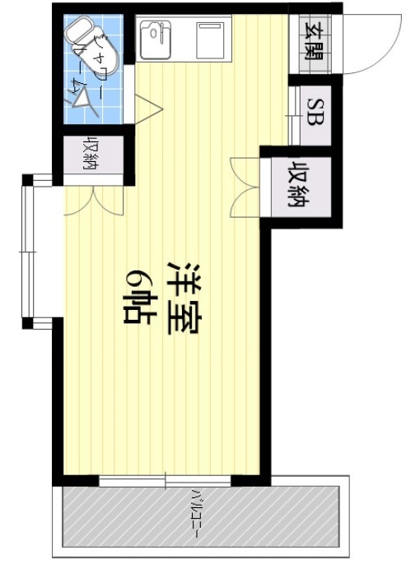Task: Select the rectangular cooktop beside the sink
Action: click(208, 38)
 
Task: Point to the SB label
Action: click(314, 110)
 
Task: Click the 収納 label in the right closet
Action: click(297, 186)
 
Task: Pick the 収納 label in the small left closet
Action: click(88, 151)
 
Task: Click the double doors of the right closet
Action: click(246, 185)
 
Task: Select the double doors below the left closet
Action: click(91, 200)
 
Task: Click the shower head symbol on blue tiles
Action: click(83, 99)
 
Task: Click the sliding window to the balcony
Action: click(165, 479)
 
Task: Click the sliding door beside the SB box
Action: click(292, 111)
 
